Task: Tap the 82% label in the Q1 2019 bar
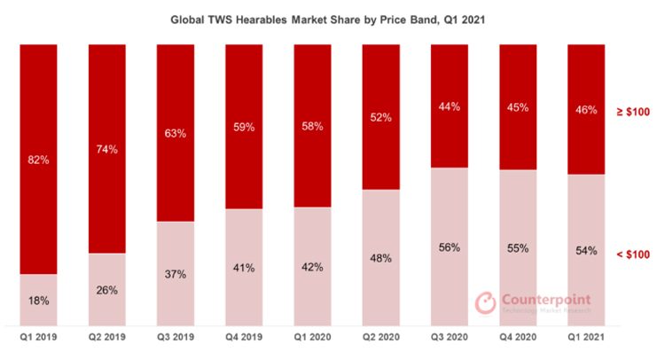pyautogui.click(x=38, y=160)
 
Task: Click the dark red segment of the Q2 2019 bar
pyautogui.click(x=106, y=106)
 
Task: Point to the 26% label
pyautogui.click(x=106, y=290)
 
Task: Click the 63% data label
pyautogui.click(x=176, y=135)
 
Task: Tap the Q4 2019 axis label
pyautogui.click(x=244, y=339)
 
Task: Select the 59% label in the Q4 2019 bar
pyautogui.click(x=244, y=128)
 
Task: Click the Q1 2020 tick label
pyautogui.click(x=312, y=339)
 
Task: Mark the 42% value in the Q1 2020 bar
pyautogui.click(x=312, y=268)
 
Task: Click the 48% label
pyautogui.click(x=381, y=260)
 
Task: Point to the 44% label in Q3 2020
pyautogui.click(x=450, y=107)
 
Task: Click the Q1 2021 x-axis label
pyautogui.click(x=586, y=339)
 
